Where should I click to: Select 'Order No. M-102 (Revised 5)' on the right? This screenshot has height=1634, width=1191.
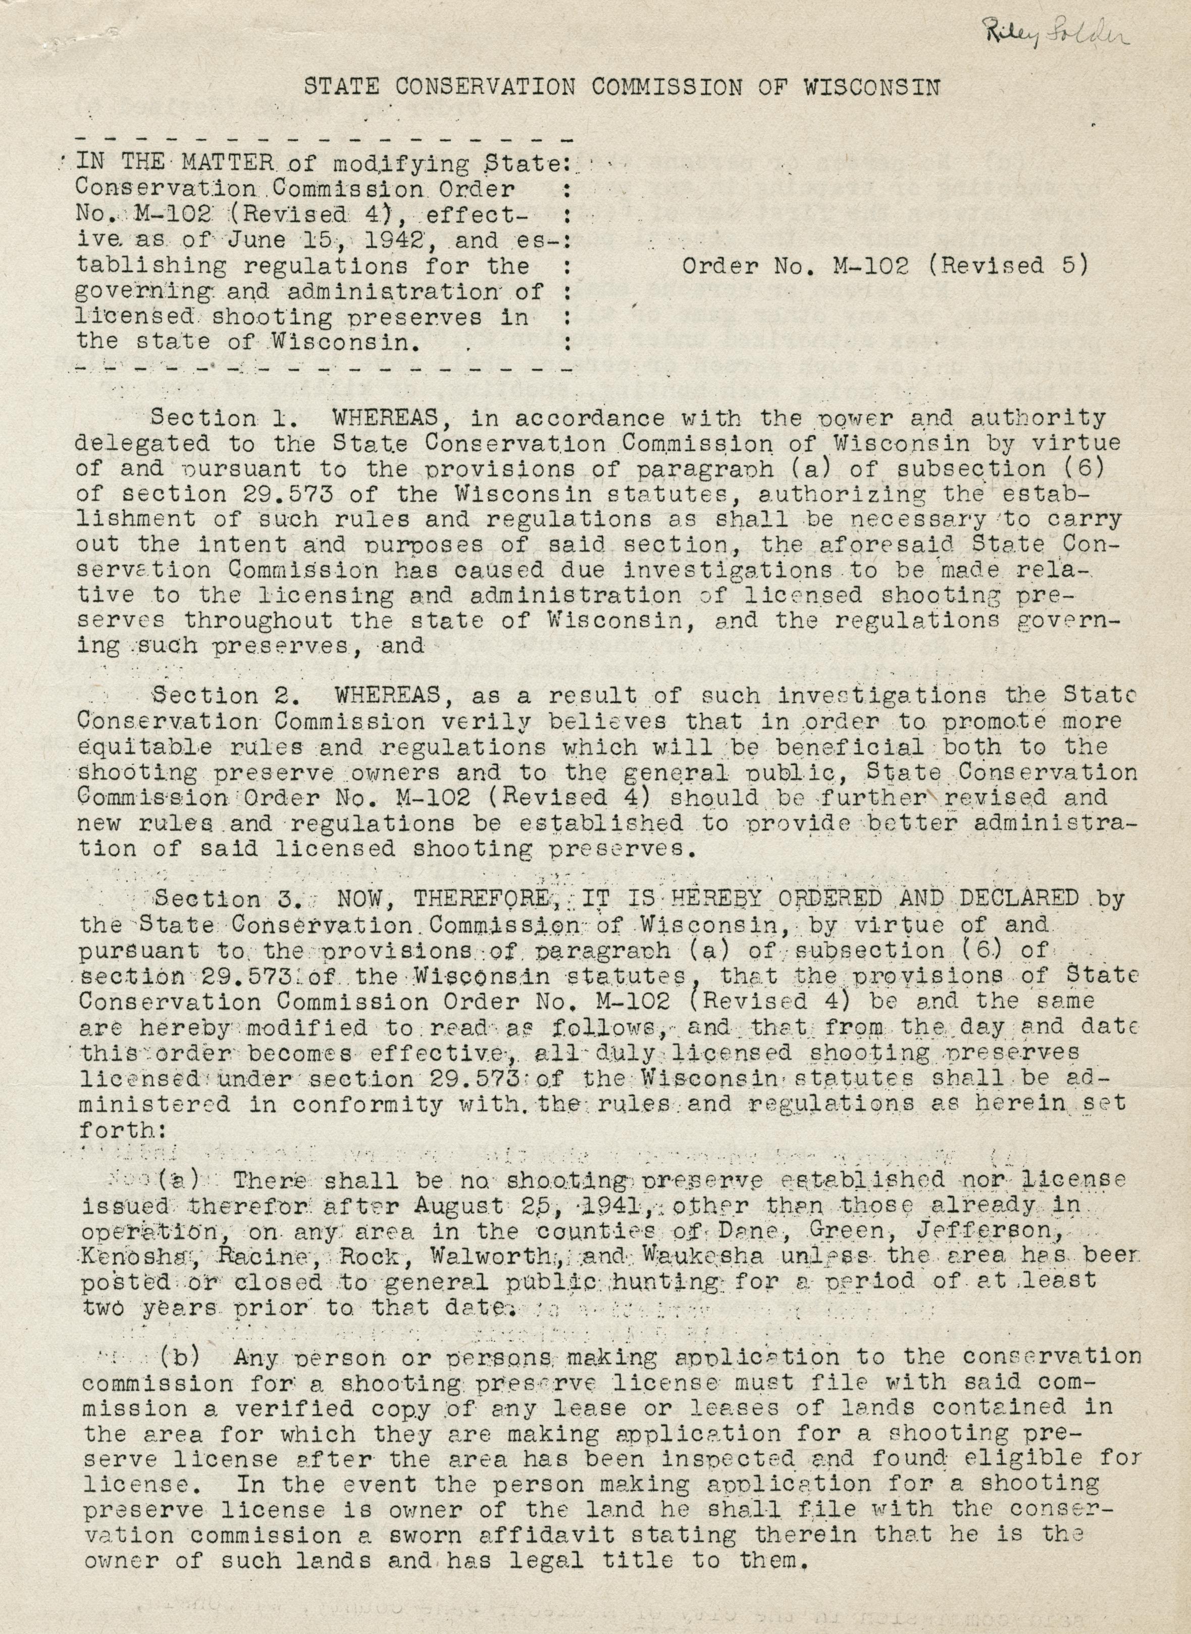coord(884,266)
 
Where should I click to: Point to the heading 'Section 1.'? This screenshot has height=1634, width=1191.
coord(203,417)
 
